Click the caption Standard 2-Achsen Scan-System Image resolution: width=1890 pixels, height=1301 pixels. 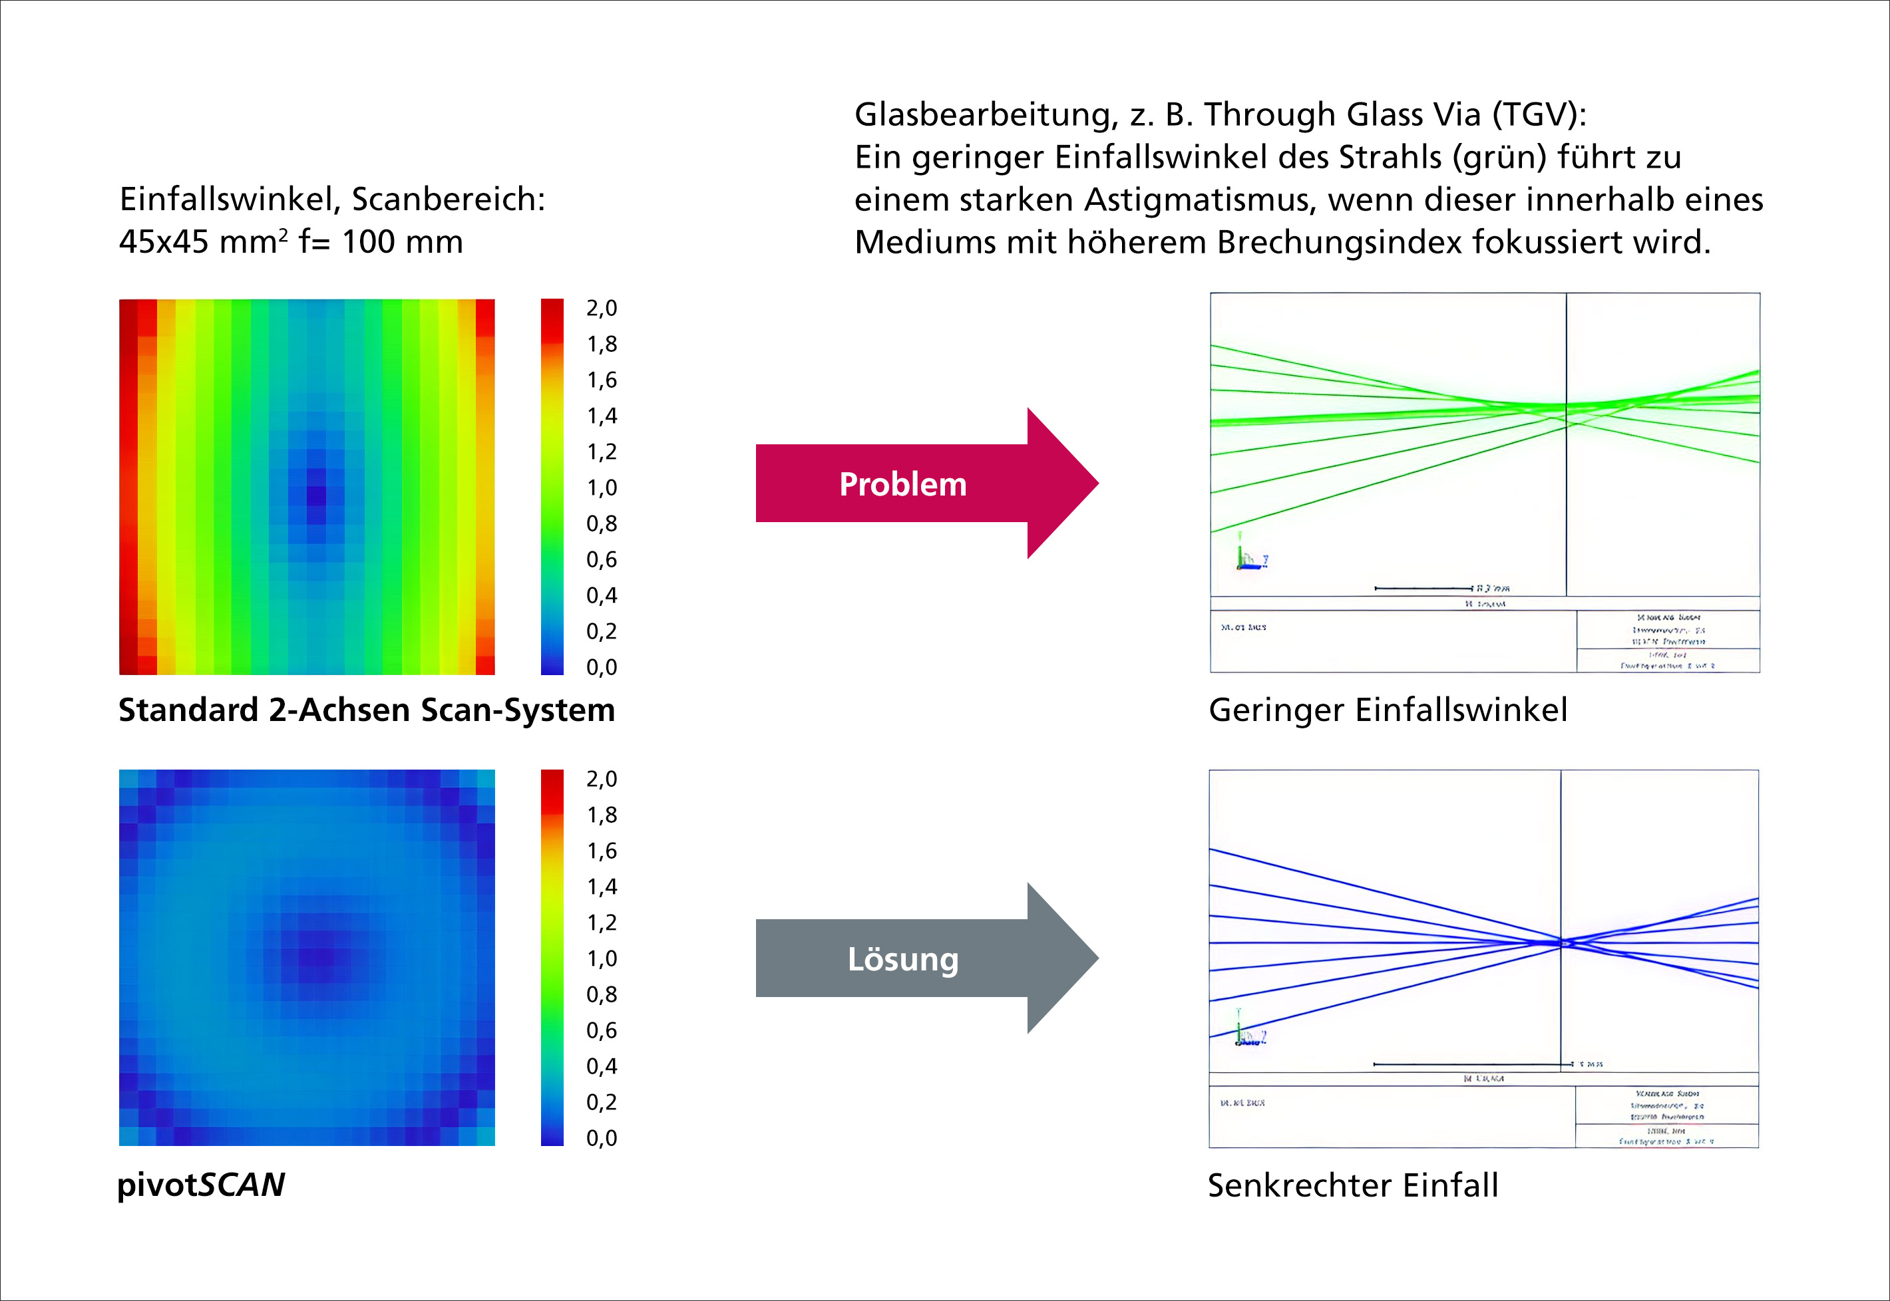tap(366, 710)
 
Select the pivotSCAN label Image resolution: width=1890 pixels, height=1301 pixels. tap(202, 1185)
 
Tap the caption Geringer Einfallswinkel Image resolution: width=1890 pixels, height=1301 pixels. tap(1388, 710)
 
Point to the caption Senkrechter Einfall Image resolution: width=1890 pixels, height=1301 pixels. tap(1353, 1185)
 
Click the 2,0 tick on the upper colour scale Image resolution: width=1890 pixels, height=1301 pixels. tap(602, 308)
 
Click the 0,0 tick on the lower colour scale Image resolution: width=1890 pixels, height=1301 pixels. tap(602, 1138)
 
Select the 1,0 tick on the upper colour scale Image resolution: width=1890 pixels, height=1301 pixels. tap(602, 488)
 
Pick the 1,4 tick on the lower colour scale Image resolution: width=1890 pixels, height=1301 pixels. tap(602, 887)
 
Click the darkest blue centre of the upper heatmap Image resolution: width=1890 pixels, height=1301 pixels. tap(315, 495)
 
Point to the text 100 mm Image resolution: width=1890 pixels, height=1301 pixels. tap(402, 242)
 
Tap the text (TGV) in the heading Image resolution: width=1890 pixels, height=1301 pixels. tap(1539, 115)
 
